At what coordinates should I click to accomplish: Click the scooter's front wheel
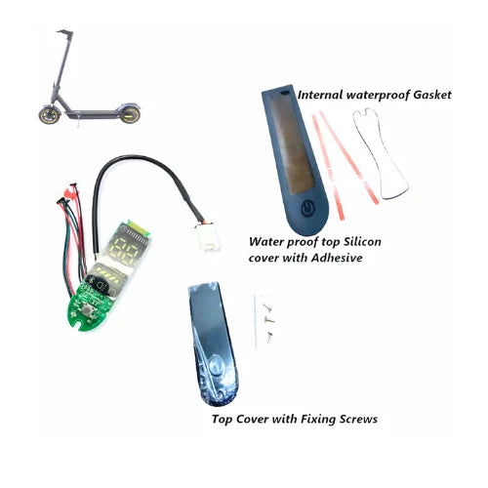[x=50, y=115]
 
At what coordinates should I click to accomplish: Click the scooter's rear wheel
[x=130, y=114]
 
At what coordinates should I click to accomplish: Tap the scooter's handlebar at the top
[x=65, y=32]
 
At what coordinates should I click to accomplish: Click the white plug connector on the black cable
[x=207, y=236]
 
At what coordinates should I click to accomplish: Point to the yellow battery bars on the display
[x=108, y=272]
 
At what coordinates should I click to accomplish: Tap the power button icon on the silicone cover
[x=307, y=207]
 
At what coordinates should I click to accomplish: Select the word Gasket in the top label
[x=432, y=95]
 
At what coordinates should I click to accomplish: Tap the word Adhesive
[x=337, y=258]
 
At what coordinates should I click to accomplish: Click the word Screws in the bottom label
[x=358, y=419]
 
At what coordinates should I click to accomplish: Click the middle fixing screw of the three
[x=269, y=320]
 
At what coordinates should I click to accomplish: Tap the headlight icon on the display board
[x=102, y=286]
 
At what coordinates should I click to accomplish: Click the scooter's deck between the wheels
[x=92, y=114]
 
